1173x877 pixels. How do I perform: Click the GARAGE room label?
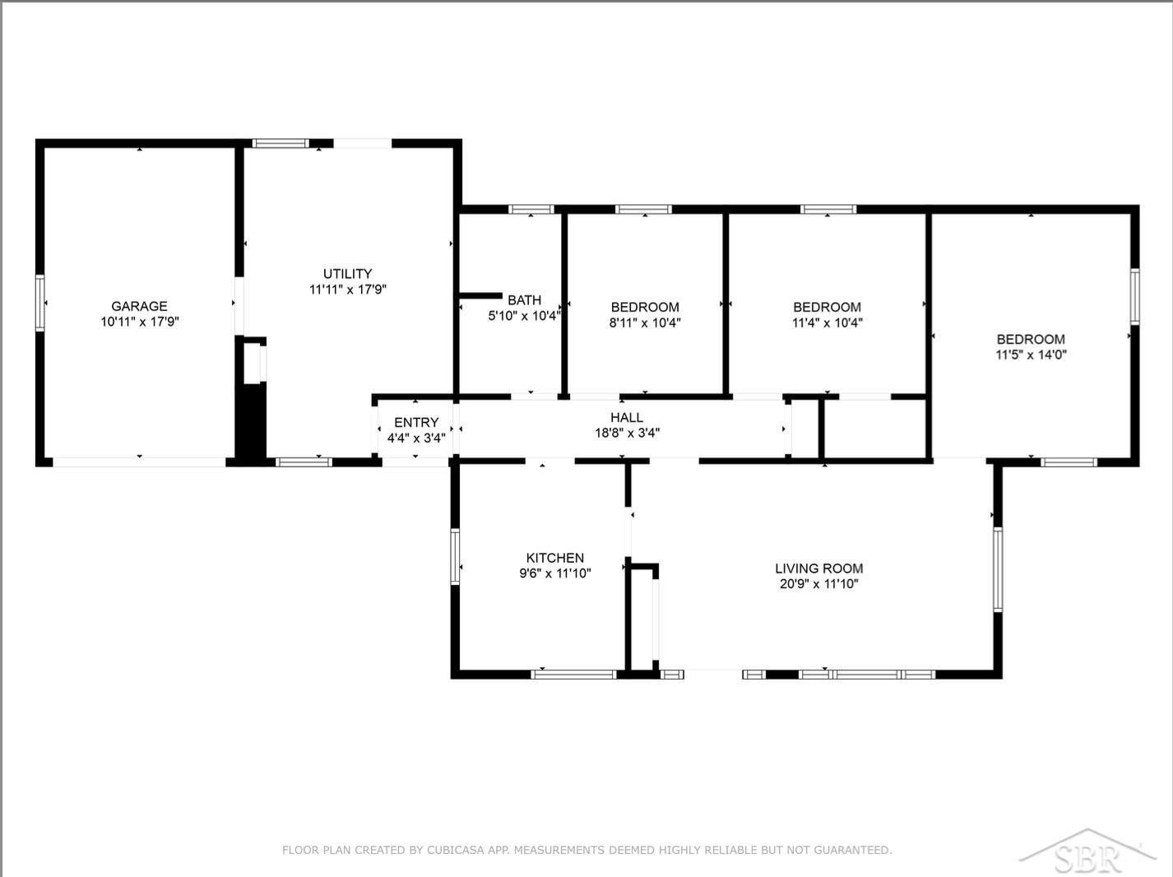[140, 306]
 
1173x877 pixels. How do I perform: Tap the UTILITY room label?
[347, 274]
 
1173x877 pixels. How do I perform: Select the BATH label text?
[524, 299]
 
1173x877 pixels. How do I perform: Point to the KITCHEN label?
[554, 558]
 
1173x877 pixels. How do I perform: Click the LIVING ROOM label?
[818, 568]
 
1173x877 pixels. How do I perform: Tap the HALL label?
[627, 417]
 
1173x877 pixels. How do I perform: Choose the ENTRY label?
[416, 423]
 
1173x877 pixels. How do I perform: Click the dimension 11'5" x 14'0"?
[1031, 355]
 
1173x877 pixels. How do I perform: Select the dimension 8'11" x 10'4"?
[645, 322]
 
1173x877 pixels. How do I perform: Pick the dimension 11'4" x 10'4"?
[828, 322]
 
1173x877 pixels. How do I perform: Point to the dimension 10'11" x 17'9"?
[140, 322]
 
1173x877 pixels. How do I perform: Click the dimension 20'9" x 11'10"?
[818, 584]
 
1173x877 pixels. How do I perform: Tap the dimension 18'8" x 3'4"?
[627, 433]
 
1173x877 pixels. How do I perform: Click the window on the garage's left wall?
[39, 303]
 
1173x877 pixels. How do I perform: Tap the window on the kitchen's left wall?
[455, 556]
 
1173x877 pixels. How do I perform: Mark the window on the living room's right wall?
[998, 569]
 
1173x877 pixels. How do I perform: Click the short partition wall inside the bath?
[481, 295]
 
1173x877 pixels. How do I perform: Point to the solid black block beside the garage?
[251, 422]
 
